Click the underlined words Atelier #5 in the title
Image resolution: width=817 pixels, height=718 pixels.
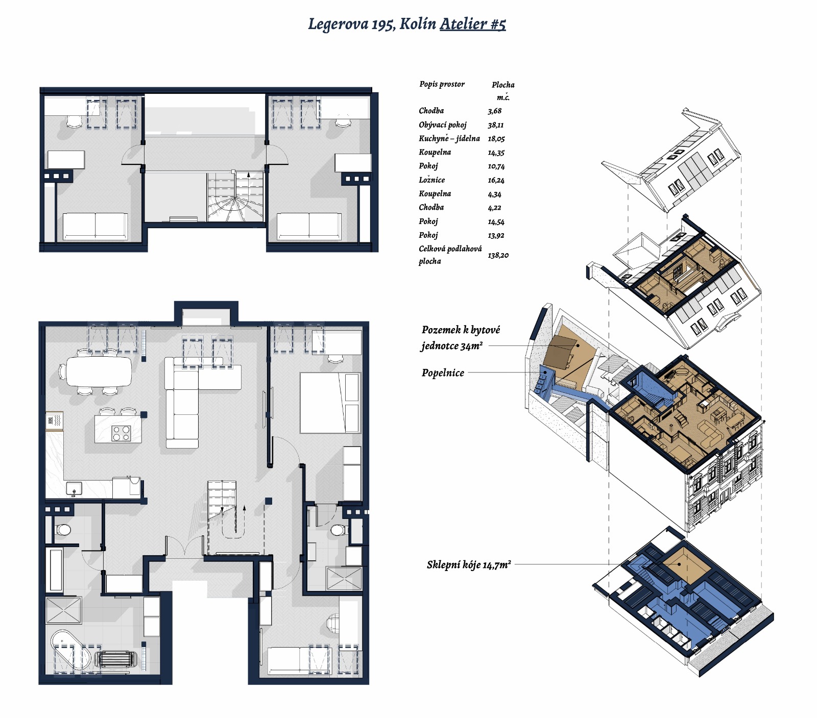click(473, 24)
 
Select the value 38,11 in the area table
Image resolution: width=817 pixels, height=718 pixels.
click(495, 125)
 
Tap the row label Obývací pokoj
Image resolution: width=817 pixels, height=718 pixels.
click(443, 125)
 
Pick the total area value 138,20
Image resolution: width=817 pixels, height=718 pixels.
click(498, 255)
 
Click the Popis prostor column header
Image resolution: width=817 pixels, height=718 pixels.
click(442, 84)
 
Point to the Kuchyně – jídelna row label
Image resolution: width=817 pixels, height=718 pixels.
click(449, 139)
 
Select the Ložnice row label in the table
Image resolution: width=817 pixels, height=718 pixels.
click(432, 180)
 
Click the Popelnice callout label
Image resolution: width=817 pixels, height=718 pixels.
click(443, 373)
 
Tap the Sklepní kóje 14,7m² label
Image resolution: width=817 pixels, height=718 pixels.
click(469, 565)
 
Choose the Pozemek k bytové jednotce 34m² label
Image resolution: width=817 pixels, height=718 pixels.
click(461, 338)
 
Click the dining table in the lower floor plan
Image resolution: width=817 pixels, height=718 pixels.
click(99, 371)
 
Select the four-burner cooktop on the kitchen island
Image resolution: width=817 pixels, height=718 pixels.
click(122, 433)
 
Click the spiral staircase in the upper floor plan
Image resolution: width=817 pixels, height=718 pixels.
click(235, 197)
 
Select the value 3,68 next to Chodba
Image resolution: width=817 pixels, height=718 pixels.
click(494, 111)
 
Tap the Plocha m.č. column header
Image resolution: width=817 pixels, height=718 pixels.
click(503, 91)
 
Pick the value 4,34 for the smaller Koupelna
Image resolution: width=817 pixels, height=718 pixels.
click(494, 194)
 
